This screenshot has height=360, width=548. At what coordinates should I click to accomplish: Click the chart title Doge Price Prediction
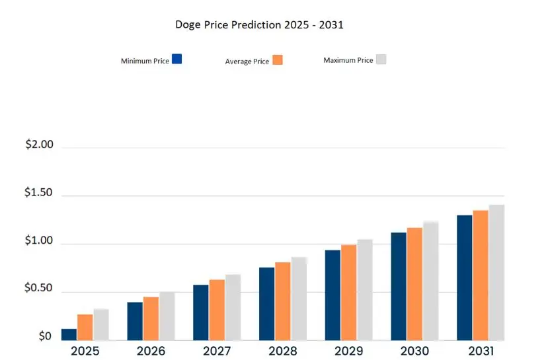click(259, 25)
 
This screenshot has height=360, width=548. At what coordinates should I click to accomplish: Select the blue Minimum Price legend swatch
click(176, 59)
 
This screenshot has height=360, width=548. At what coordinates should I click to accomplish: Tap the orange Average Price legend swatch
click(278, 59)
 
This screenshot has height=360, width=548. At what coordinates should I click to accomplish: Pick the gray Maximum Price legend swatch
click(381, 59)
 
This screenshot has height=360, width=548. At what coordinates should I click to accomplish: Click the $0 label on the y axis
click(45, 336)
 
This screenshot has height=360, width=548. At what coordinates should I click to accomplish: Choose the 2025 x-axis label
click(85, 351)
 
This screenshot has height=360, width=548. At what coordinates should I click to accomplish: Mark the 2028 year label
click(282, 351)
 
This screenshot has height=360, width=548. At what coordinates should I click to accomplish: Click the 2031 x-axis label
click(480, 351)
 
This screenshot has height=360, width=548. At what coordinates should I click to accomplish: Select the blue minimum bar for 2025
click(69, 334)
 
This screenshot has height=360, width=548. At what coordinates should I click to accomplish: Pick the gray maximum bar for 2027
click(233, 307)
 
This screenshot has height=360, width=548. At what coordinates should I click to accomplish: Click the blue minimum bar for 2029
click(333, 295)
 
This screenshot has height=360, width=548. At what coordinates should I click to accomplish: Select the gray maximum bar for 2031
click(496, 272)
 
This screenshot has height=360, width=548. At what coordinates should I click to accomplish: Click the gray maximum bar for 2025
click(101, 324)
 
